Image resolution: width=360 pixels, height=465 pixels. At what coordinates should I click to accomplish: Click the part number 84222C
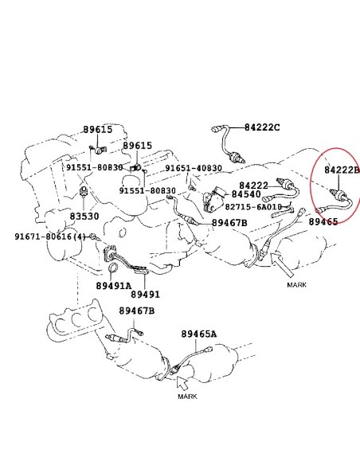[x=262, y=127]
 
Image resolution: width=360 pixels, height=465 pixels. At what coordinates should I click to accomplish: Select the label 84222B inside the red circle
[x=342, y=170]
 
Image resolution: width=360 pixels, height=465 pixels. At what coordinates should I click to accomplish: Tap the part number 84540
[x=246, y=194]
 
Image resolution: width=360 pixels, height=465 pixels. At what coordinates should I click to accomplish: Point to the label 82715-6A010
[x=253, y=207]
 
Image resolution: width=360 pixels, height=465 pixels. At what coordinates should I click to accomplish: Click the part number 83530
[x=84, y=217]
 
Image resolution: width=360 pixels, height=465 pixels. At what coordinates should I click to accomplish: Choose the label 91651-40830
[x=194, y=168]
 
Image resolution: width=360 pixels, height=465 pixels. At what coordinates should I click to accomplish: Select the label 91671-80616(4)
[x=50, y=236]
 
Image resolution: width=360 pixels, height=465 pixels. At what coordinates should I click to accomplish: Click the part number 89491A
[x=113, y=286]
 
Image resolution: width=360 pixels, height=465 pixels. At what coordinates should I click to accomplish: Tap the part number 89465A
[x=198, y=334]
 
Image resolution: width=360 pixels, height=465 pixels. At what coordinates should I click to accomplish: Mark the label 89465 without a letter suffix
[x=323, y=221]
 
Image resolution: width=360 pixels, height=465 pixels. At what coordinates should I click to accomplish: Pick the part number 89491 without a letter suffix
[x=145, y=294]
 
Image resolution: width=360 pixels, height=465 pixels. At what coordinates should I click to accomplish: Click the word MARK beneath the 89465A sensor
[x=187, y=397]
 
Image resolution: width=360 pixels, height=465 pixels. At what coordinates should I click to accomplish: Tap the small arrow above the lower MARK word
[x=182, y=383]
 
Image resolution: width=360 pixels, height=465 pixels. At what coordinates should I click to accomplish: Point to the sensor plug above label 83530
[x=84, y=192]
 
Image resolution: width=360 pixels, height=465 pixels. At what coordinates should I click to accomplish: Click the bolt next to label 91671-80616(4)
[x=94, y=237]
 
